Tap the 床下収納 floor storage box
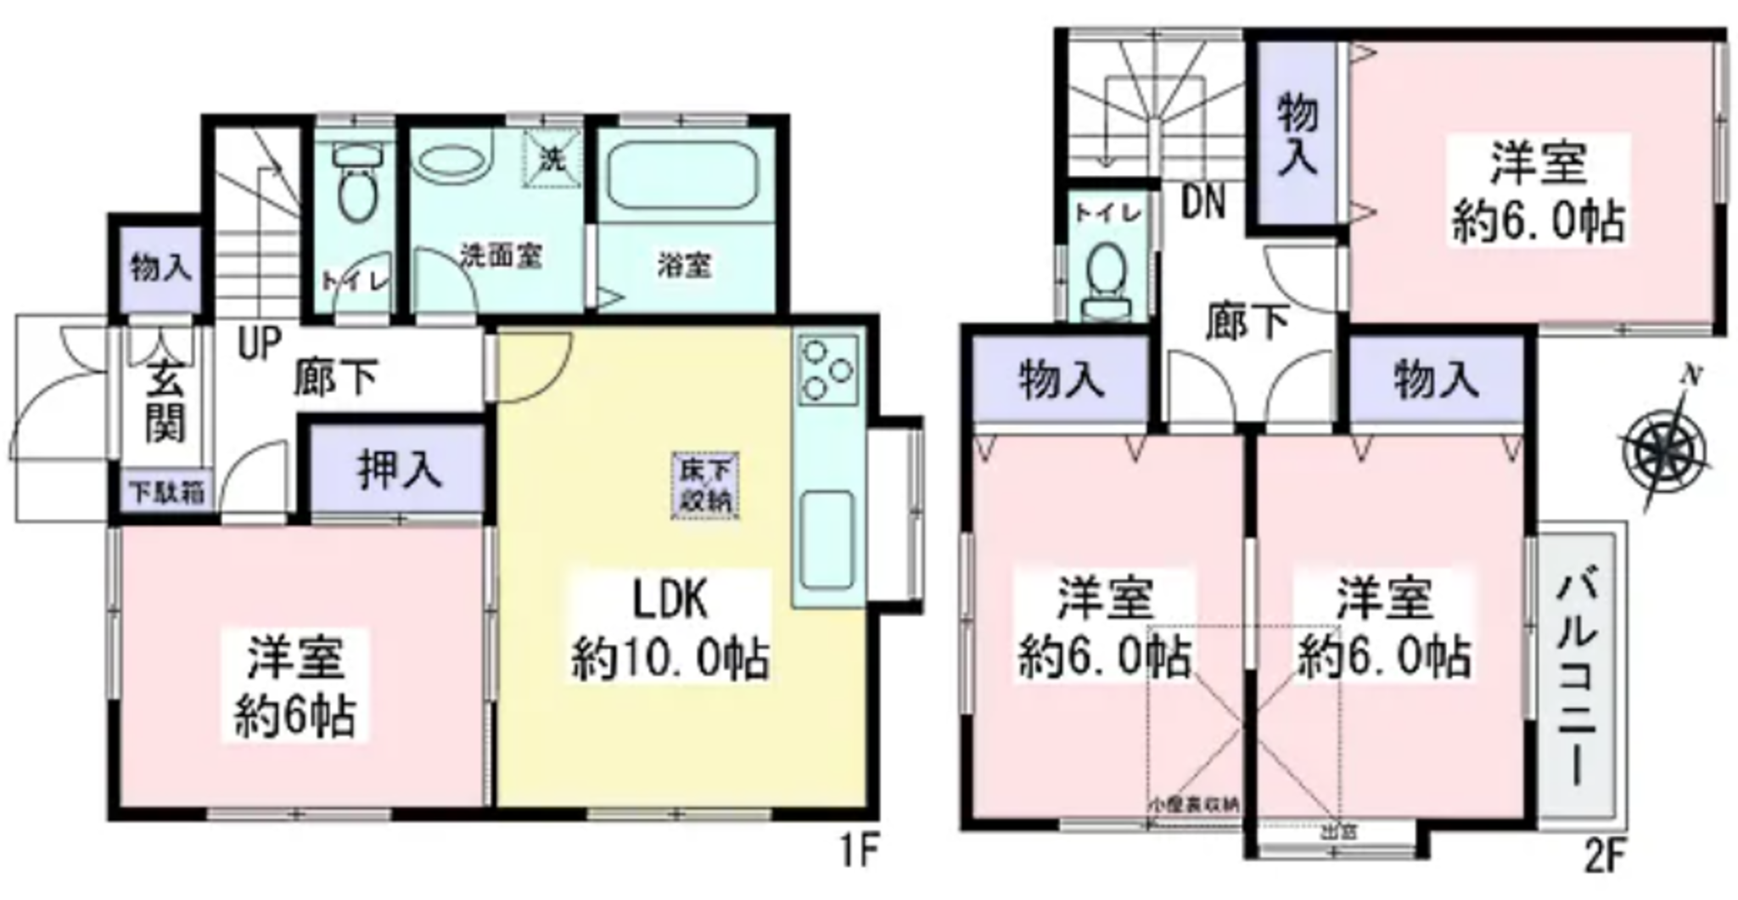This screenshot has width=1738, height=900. pyautogui.click(x=705, y=486)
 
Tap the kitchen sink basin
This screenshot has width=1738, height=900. pyautogui.click(x=826, y=538)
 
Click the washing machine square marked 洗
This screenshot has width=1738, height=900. pyautogui.click(x=552, y=158)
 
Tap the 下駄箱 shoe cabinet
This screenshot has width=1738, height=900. pyautogui.click(x=166, y=493)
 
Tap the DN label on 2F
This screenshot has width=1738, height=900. pyautogui.click(x=1203, y=203)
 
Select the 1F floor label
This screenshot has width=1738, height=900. pyautogui.click(x=859, y=852)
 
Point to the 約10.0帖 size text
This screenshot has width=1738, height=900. pyautogui.click(x=670, y=658)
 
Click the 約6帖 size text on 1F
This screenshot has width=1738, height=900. pyautogui.click(x=295, y=716)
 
